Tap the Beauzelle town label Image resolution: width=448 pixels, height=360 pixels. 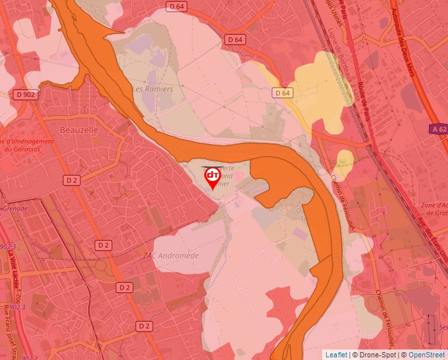pos(79,130)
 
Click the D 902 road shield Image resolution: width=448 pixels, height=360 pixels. pos(25,95)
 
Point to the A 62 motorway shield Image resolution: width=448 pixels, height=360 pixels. pos(438,130)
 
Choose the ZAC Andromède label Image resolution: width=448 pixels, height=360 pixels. pos(171,255)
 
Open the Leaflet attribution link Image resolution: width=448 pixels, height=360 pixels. pos(337,355)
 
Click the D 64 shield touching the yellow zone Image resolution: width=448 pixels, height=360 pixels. pos(283,93)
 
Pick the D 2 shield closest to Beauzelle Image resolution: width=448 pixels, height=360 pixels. pos(72,180)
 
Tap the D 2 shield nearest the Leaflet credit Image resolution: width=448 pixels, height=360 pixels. pos(145,326)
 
